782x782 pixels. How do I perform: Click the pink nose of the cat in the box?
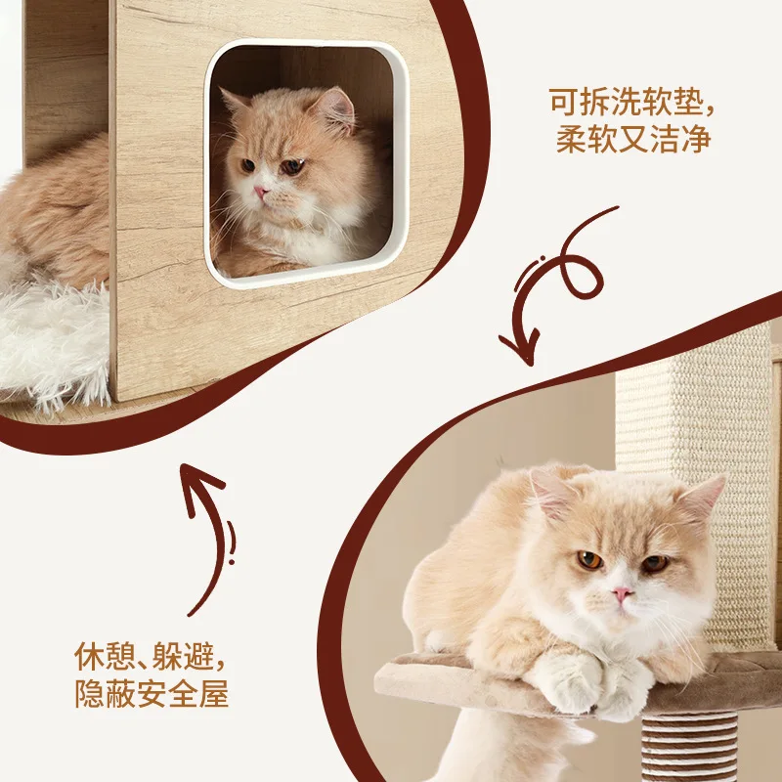click(x=261, y=192)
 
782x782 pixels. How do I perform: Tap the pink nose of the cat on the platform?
click(x=622, y=594)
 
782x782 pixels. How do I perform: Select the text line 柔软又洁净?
click(x=633, y=139)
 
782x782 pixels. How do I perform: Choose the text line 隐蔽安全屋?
click(x=152, y=693)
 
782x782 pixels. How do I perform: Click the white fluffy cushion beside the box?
click(x=54, y=344)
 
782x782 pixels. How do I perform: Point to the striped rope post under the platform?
click(x=689, y=747)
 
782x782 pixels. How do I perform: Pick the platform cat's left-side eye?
click(x=589, y=560)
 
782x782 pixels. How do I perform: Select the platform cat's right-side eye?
click(x=655, y=564)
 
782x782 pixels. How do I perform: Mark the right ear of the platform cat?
click(x=704, y=498)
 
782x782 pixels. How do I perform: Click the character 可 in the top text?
click(x=564, y=103)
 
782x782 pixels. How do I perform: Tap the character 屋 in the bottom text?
click(x=214, y=693)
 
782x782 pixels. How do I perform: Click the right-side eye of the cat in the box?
click(x=292, y=166)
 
